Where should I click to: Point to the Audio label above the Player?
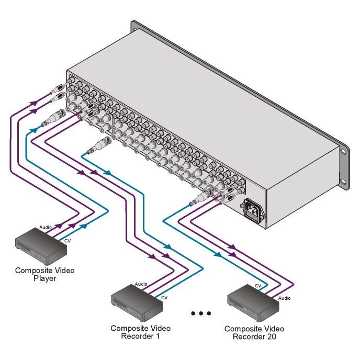pos(46,228)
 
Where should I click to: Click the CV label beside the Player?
pos(67,241)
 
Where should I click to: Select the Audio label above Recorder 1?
pos(141,284)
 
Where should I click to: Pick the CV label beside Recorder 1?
pos(164,297)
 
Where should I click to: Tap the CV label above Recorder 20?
pos(258,286)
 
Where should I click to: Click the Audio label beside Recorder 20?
pos(285,298)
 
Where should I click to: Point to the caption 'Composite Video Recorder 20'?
pos(254,332)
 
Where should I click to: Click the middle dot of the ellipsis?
pos(201,313)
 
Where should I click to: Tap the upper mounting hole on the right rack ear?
pos(343,152)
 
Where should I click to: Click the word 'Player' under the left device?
pos(44,278)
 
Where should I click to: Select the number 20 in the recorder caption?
pos(271,336)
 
